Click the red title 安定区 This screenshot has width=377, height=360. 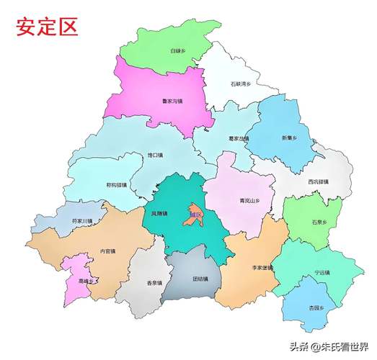[x=47, y=28]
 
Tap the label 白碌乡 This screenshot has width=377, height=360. [x=178, y=52]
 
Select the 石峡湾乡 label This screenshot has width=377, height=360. [x=240, y=85]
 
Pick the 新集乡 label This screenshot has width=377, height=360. [x=289, y=138]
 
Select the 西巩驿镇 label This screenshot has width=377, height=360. [x=318, y=181]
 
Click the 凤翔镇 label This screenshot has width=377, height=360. [x=159, y=214]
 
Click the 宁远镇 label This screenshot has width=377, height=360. [x=321, y=273]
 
